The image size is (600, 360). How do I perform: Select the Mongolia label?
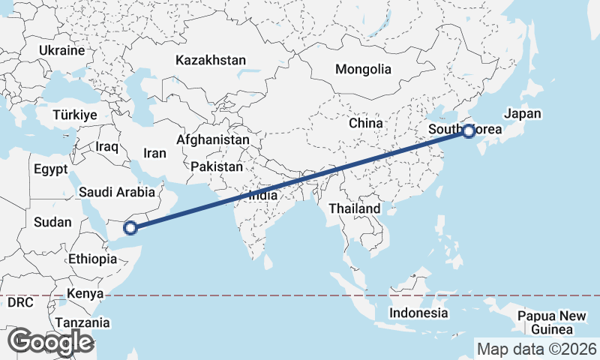click(363, 70)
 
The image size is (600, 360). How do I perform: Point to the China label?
click(366, 123)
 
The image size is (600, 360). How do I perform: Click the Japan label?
click(522, 114)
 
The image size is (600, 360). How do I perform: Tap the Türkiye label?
click(75, 115)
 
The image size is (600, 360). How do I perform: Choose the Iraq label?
click(107, 147)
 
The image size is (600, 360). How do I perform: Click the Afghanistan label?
click(213, 140)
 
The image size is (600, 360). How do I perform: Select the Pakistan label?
click(217, 166)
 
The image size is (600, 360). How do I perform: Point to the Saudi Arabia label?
click(117, 193)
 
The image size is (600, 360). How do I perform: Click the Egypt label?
click(51, 169)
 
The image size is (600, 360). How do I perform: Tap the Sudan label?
click(52, 222)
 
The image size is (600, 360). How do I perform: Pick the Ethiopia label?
click(92, 259)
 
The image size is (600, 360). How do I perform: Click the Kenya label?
click(84, 294)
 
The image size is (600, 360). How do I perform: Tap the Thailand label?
click(358, 208)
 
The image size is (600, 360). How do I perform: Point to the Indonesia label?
click(418, 313)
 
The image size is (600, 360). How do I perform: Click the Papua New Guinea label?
click(551, 323)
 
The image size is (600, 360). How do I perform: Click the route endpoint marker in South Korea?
click(469, 132)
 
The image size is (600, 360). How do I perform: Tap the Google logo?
click(50, 342)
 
